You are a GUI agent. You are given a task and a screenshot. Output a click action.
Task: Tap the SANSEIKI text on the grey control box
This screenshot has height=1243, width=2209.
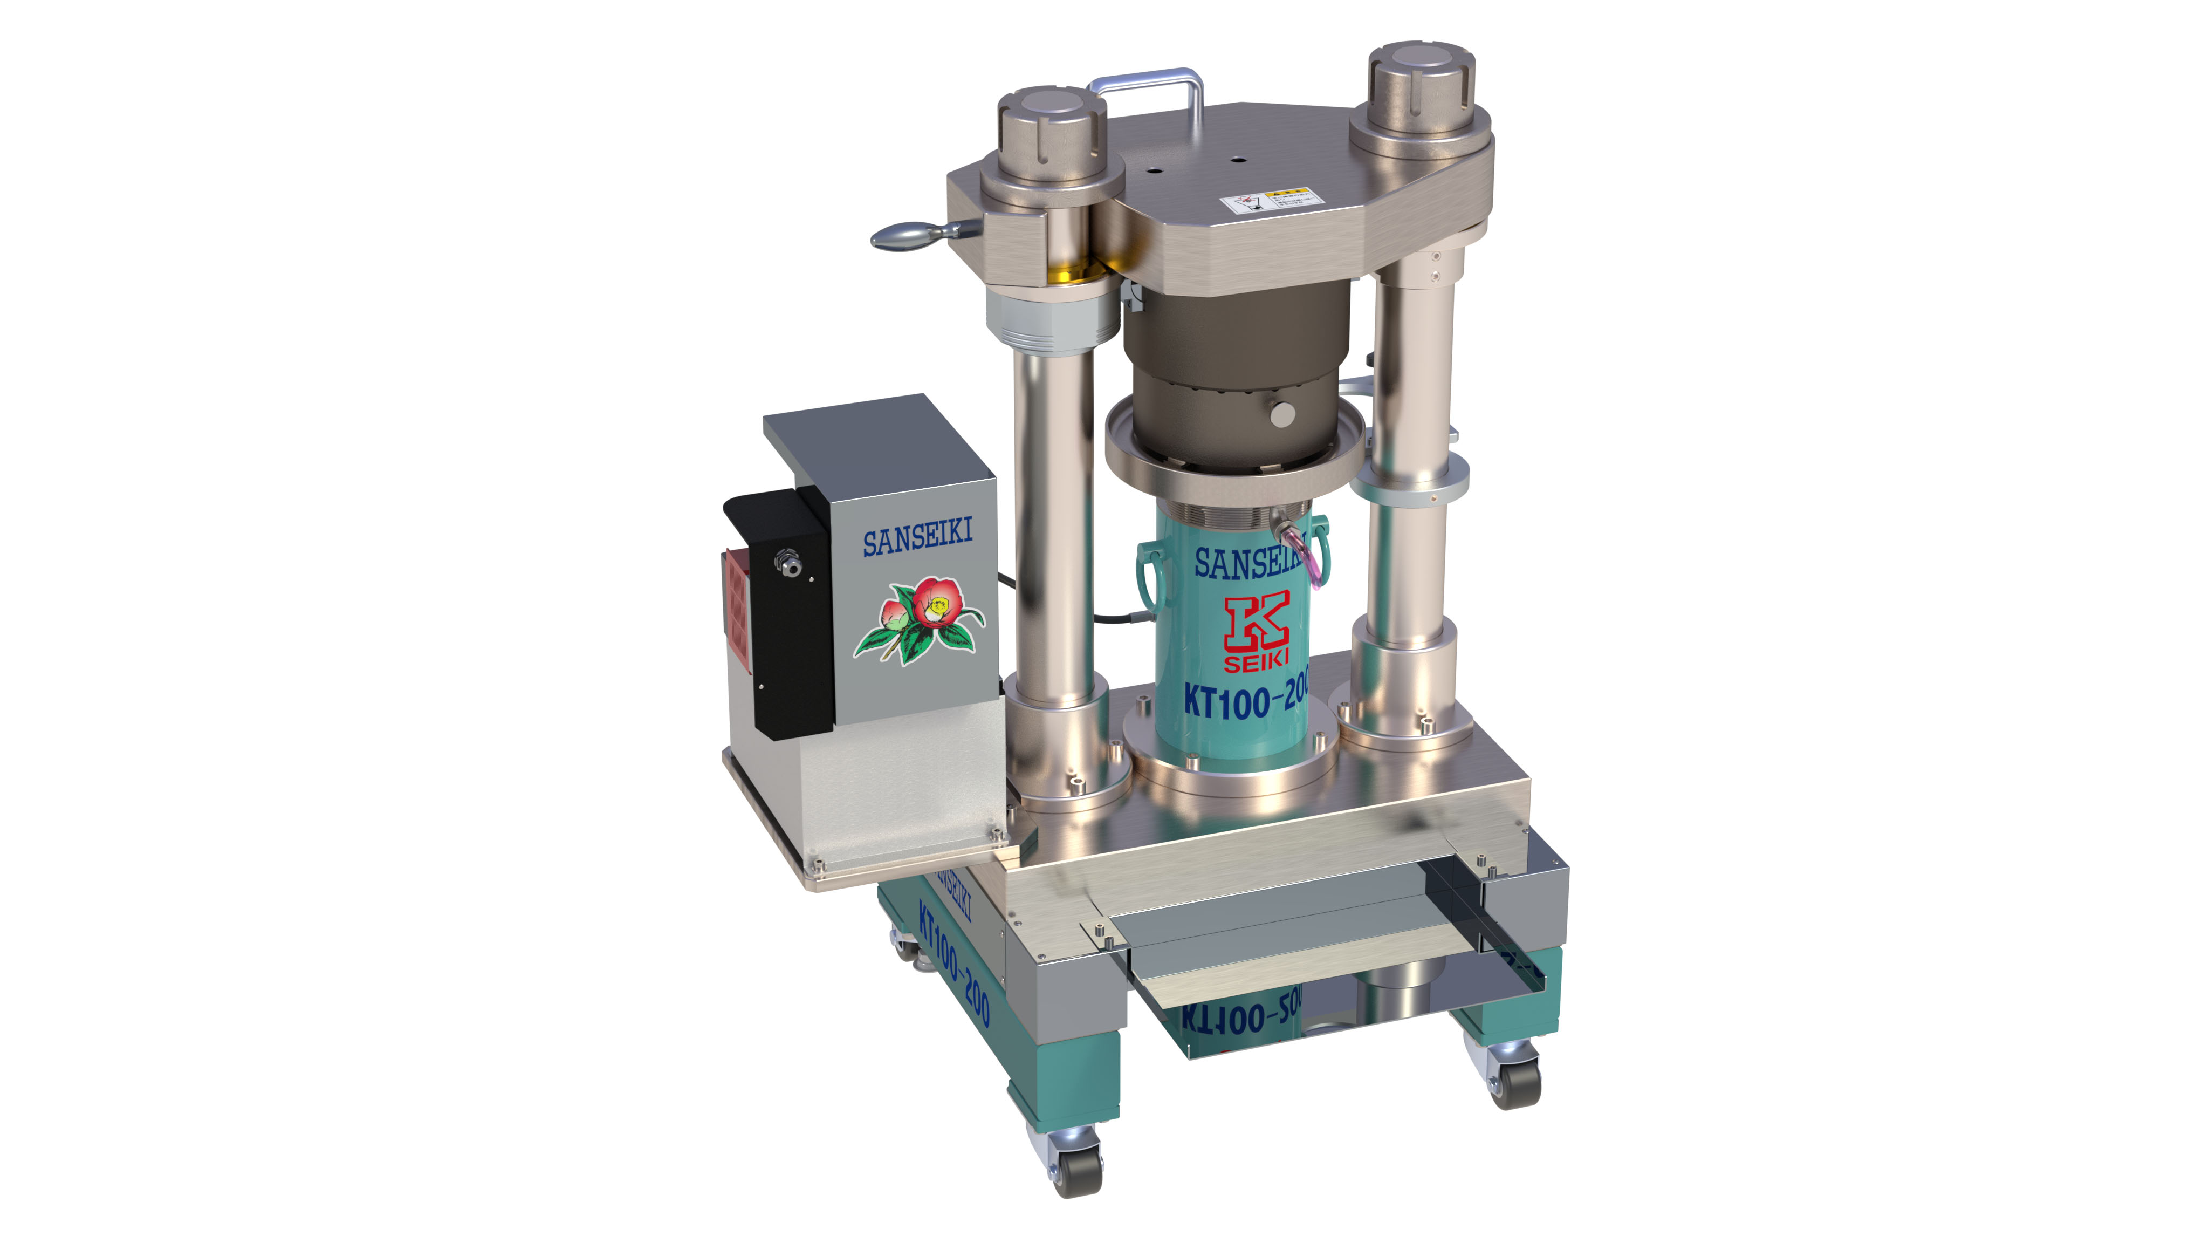click(x=917, y=538)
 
